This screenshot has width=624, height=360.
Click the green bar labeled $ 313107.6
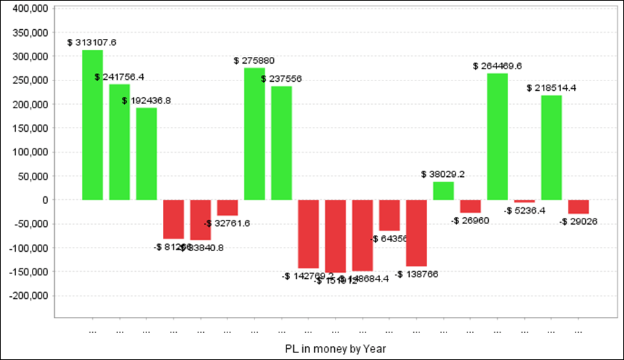coord(92,125)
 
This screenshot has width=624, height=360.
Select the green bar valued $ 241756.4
coord(119,142)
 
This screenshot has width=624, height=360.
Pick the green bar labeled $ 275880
coord(254,134)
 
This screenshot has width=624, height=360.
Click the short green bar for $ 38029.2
coord(444,191)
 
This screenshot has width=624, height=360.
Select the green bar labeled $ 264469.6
coord(497,137)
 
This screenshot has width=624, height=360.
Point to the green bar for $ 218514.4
coord(551,148)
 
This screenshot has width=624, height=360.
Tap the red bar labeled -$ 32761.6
coord(227,207)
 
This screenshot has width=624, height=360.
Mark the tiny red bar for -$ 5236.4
coord(524,201)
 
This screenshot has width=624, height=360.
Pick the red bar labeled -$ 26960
coord(471,206)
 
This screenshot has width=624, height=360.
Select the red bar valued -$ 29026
coord(578,207)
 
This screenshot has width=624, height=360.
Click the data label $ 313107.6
coord(92,42)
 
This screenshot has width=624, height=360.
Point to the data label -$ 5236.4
coord(524,210)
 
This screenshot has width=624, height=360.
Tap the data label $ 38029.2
coord(444,174)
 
